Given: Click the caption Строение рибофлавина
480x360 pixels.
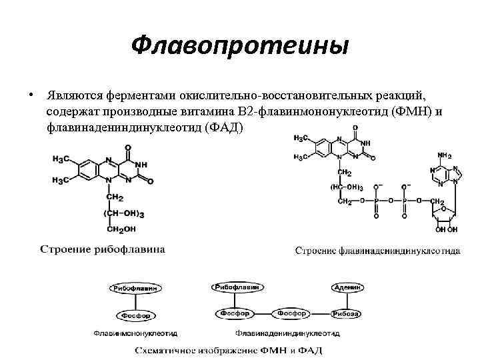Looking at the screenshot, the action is pyautogui.click(x=103, y=249).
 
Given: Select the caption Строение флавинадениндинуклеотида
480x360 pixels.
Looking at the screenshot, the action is pyautogui.click(x=377, y=251).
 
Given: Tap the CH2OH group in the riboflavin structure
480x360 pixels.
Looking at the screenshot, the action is pyautogui.click(x=120, y=230).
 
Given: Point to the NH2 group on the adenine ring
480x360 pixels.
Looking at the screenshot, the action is pyautogui.click(x=445, y=156).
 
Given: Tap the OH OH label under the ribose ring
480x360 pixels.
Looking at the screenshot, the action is pyautogui.click(x=447, y=229).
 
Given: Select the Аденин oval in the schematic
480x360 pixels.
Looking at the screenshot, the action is pyautogui.click(x=347, y=287).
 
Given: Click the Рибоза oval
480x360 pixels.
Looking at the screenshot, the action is pyautogui.click(x=347, y=313).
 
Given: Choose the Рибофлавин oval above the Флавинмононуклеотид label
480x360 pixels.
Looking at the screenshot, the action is pyautogui.click(x=135, y=288).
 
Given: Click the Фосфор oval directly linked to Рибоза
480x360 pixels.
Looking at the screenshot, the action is pyautogui.click(x=291, y=313).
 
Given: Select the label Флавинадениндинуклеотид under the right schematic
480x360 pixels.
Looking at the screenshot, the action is pyautogui.click(x=287, y=333).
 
